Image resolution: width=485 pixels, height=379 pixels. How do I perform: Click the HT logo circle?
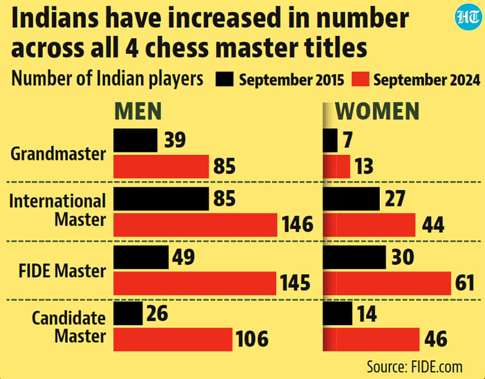(468, 17)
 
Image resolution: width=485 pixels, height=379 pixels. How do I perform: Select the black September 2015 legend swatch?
(224, 79)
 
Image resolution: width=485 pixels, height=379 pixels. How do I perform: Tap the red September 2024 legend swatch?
(360, 79)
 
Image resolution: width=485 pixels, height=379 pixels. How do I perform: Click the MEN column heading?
(138, 111)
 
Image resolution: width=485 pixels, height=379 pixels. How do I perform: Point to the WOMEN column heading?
(377, 111)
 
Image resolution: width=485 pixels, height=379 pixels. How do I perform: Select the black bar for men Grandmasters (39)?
(135, 141)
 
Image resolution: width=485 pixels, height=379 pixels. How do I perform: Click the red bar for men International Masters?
(195, 225)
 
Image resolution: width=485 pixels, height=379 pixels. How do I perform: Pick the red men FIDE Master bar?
(195, 283)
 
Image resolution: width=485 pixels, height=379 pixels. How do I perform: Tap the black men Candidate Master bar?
(128, 314)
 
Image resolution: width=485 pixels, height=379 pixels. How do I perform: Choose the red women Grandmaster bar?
(337, 167)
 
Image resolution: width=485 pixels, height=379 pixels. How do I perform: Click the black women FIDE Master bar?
(355, 257)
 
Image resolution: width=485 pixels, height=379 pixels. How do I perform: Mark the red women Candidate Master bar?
(371, 339)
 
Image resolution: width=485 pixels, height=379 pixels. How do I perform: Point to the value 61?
(465, 283)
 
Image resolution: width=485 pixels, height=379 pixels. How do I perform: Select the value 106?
(252, 339)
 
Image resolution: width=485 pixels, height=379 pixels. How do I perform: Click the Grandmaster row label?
(58, 154)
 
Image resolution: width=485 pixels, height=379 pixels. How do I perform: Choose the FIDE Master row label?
(62, 271)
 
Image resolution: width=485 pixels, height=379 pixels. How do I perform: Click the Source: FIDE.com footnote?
(415, 366)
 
